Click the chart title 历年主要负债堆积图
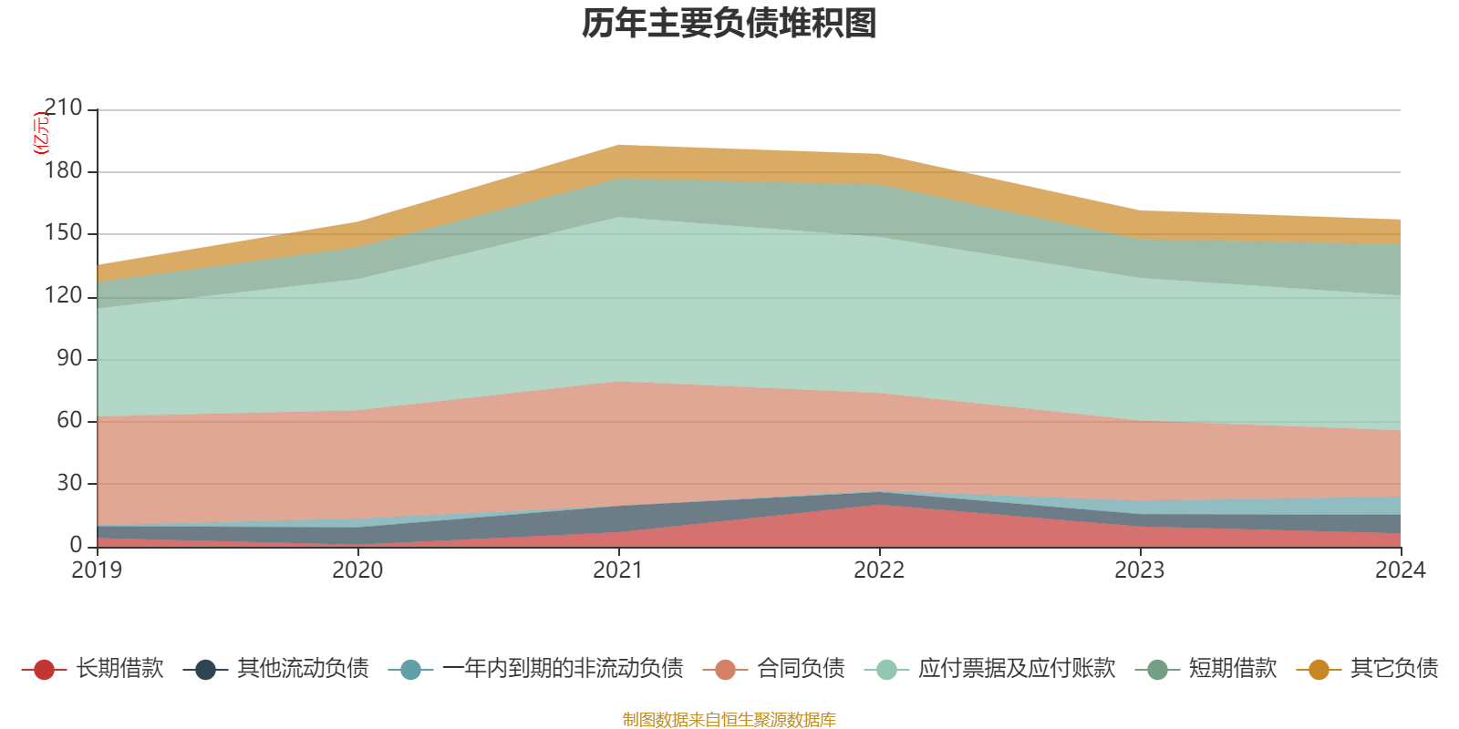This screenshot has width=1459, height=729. coord(729,24)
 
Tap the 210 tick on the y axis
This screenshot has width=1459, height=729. coord(63,108)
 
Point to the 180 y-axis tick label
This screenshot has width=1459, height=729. coord(63,171)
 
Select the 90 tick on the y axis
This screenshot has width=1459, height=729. coord(69,358)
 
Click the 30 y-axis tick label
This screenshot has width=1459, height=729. coord(69,483)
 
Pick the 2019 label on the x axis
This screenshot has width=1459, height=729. coord(97,570)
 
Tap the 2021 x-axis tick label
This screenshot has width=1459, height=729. coord(618,570)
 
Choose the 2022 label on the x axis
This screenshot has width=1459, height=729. coord(879,570)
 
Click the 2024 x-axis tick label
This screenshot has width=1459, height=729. coord(1400,570)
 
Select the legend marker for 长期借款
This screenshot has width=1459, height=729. coord(44,670)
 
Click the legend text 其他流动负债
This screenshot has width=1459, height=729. coord(303,669)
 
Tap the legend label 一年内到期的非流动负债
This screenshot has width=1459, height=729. coord(563,669)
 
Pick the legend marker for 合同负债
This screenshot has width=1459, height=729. coord(725,670)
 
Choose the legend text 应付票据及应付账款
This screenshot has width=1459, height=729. coord(1017,669)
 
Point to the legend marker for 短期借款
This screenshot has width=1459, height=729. coord(1157,670)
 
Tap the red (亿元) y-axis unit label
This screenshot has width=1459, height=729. coord(40,133)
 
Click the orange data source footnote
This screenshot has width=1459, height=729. coord(729,720)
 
